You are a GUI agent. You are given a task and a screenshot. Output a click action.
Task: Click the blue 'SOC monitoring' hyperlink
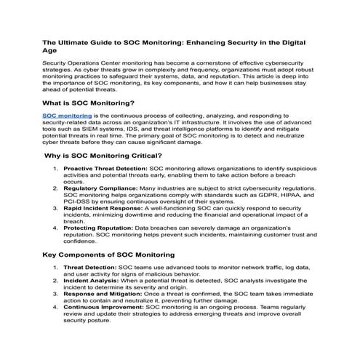click(x=66, y=115)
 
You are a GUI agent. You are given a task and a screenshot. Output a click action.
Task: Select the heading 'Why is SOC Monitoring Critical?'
click(x=97, y=156)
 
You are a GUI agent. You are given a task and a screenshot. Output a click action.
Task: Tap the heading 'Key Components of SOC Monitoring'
click(x=108, y=255)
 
